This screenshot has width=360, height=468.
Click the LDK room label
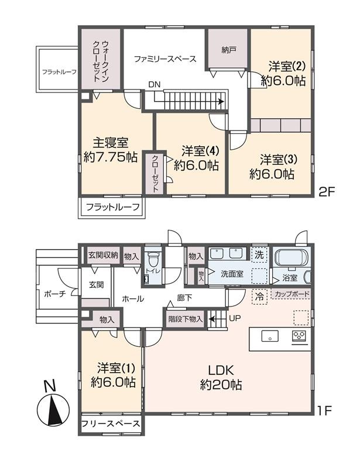221,377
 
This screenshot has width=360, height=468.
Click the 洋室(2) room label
283,74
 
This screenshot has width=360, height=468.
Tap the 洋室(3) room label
272,167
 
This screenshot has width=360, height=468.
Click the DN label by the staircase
154,85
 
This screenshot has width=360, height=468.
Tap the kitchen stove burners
299,336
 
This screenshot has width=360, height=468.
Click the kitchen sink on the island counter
270,336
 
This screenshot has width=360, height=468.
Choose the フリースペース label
110,424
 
